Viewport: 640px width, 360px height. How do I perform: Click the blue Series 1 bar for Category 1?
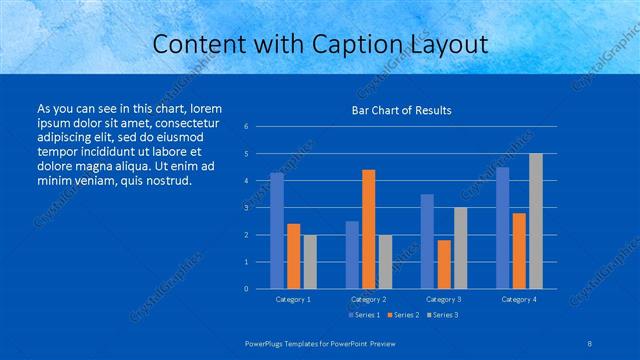click(x=277, y=231)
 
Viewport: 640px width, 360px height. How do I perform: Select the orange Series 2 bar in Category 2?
click(x=368, y=229)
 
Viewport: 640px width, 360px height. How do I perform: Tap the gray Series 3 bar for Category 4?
click(x=535, y=221)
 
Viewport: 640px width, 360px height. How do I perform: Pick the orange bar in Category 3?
click(x=443, y=264)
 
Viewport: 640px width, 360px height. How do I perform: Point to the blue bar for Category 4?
click(x=502, y=228)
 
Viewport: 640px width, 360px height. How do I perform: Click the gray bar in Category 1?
click(x=310, y=262)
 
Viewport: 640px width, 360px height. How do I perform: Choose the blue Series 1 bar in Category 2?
click(x=352, y=255)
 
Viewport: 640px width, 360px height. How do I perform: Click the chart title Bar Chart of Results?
click(x=401, y=110)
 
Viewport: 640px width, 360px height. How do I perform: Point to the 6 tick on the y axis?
click(x=246, y=127)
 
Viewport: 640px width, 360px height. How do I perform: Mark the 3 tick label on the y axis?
click(x=246, y=208)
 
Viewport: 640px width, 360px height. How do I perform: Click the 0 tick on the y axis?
click(x=246, y=289)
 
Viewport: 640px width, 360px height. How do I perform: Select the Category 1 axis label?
click(x=293, y=299)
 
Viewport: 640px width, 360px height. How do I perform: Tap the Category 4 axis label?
click(x=519, y=299)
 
